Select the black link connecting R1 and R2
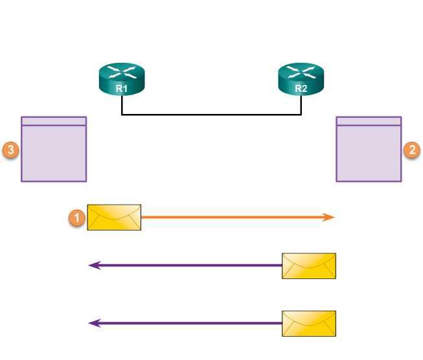click(x=211, y=115)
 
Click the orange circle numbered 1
click(x=77, y=218)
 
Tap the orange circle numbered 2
click(x=412, y=150)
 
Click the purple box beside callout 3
click(x=54, y=153)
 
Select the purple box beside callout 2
click(x=369, y=153)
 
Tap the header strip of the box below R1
click(x=54, y=121)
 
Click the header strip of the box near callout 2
click(x=369, y=121)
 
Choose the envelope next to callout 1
click(x=115, y=218)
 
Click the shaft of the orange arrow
click(x=233, y=218)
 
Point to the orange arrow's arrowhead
click(x=330, y=218)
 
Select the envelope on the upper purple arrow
click(x=309, y=265)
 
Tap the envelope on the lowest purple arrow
click(x=309, y=322)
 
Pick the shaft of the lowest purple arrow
click(x=188, y=322)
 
